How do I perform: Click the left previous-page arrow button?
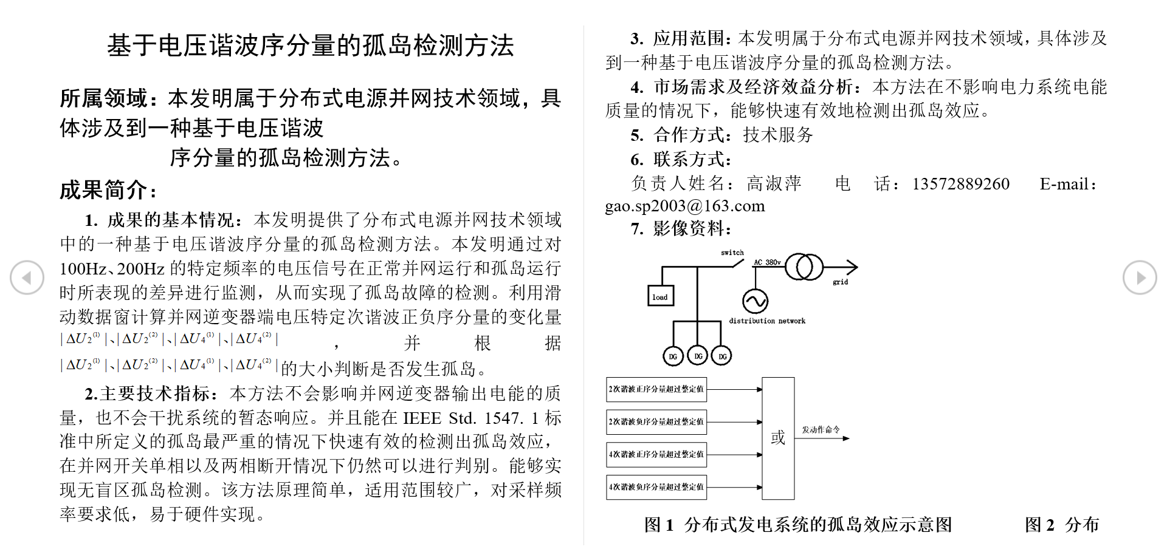pos(27,277)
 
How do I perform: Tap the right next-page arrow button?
pos(1140,277)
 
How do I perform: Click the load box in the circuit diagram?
pos(659,296)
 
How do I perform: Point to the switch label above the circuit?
pos(732,253)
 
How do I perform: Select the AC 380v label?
pos(767,262)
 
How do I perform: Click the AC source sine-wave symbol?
pos(755,301)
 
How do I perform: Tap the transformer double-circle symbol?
pos(804,267)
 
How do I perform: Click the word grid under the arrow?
pos(840,282)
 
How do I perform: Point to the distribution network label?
pos(767,321)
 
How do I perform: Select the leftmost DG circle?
pos(673,356)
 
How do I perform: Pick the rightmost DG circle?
pos(722,356)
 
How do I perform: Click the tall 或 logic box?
pos(778,438)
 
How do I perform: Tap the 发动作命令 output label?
pos(821,429)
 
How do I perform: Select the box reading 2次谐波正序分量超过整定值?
pos(656,389)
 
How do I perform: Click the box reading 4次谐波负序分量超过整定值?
pos(656,487)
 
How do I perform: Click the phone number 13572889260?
pos(960,184)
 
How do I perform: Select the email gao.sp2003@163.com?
pos(685,206)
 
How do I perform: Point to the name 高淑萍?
pos(774,183)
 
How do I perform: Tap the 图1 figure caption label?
pos(659,525)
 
